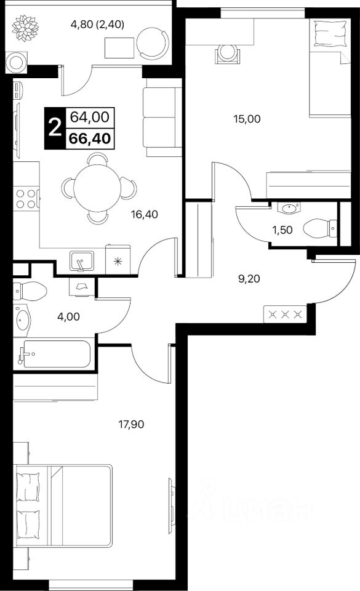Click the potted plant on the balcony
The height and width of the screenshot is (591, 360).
(25, 28)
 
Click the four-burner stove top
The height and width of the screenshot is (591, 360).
(26, 199)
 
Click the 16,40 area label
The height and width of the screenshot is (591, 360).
(144, 214)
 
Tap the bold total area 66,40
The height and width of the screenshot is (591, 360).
(90, 139)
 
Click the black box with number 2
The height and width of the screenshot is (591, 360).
(55, 128)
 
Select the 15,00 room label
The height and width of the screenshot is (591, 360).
(247, 119)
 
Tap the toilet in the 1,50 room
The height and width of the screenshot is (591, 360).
(320, 228)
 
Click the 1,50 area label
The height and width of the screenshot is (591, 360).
(282, 230)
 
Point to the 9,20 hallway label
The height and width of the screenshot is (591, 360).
(249, 279)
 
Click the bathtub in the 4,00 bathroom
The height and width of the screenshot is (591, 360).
(54, 353)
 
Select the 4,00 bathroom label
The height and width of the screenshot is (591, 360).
(68, 316)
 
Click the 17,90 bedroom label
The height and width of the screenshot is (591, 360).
(131, 424)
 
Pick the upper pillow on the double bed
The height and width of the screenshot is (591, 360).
(28, 486)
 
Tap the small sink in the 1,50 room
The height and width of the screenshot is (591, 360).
(289, 207)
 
